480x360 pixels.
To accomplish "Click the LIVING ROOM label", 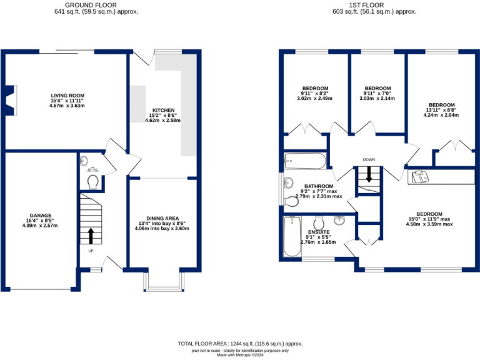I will tap(67, 96).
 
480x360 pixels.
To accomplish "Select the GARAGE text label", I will tap(41, 216).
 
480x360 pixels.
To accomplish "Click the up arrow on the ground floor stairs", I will tap(91, 235).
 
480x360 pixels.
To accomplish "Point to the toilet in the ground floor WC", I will tap(93, 181).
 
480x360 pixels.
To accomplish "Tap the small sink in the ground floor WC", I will tap(85, 160).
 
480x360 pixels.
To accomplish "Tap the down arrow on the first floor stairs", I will tap(369, 174).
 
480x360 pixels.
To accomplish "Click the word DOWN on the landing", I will tap(369, 159).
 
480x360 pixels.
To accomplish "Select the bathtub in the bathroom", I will tap(305, 161).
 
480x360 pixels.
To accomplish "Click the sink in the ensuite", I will tap(340, 220).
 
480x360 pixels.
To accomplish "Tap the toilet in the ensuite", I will tap(319, 223).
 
